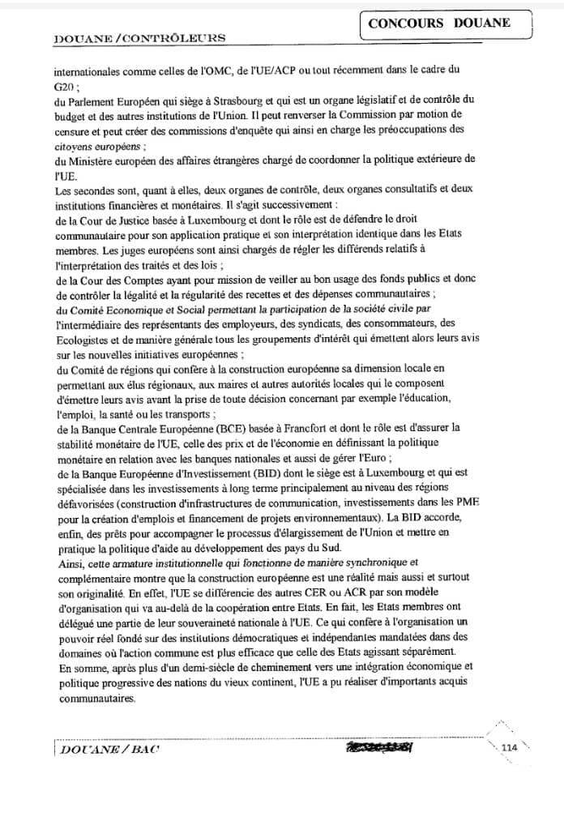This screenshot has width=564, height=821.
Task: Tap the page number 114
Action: (x=510, y=747)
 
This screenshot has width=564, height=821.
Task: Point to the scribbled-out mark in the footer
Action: (x=378, y=747)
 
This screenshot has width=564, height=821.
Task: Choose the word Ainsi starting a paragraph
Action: (x=69, y=562)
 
